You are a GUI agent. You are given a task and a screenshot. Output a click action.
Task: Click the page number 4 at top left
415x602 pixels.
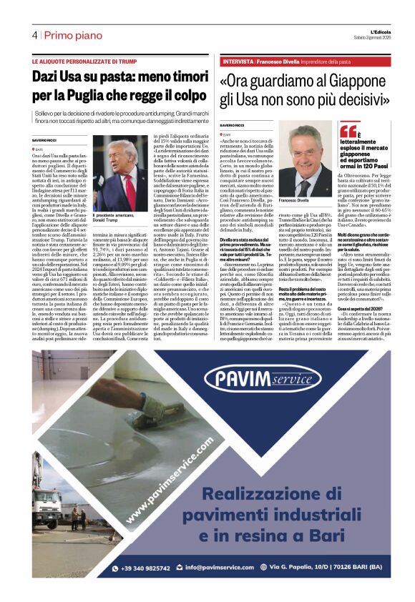pyautogui.click(x=34, y=35)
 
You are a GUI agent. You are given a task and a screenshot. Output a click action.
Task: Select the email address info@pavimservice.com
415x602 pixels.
pyautogui.click(x=221, y=568)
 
